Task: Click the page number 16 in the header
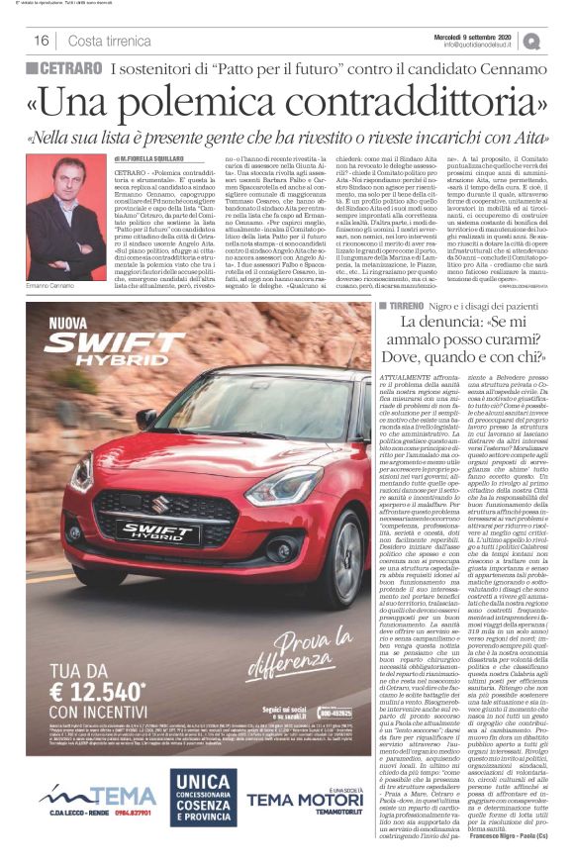42,41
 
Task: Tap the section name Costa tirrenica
109,41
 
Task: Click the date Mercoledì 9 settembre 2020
479,36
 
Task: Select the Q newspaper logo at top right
531,41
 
